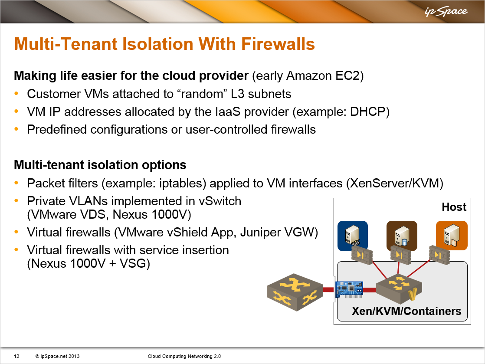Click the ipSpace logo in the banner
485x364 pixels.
446,12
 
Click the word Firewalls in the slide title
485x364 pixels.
278,44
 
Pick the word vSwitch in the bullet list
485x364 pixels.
220,201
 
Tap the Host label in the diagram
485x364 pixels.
454,207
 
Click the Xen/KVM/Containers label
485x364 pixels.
406,311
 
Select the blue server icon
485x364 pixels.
353,235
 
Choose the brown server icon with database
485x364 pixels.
402,235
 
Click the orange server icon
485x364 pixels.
452,235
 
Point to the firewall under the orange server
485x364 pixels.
439,255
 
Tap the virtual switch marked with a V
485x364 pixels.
399,289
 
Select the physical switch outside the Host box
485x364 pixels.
295,292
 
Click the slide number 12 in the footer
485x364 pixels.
17,356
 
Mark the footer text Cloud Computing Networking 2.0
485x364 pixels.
184,356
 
